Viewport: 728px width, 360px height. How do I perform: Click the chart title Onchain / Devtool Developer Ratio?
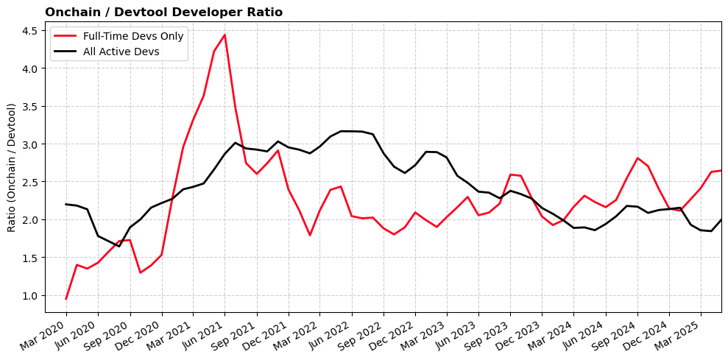click(163, 13)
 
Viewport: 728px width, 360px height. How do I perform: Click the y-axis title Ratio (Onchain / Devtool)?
click(12, 168)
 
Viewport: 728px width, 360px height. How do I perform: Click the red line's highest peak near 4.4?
click(225, 35)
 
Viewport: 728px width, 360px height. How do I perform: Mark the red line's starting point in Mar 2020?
click(66, 299)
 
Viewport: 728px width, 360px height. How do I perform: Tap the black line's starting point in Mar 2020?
click(66, 204)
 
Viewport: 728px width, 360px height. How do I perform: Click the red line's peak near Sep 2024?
click(637, 158)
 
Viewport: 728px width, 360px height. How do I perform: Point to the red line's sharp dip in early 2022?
click(310, 235)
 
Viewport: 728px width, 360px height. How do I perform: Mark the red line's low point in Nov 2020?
click(141, 273)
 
